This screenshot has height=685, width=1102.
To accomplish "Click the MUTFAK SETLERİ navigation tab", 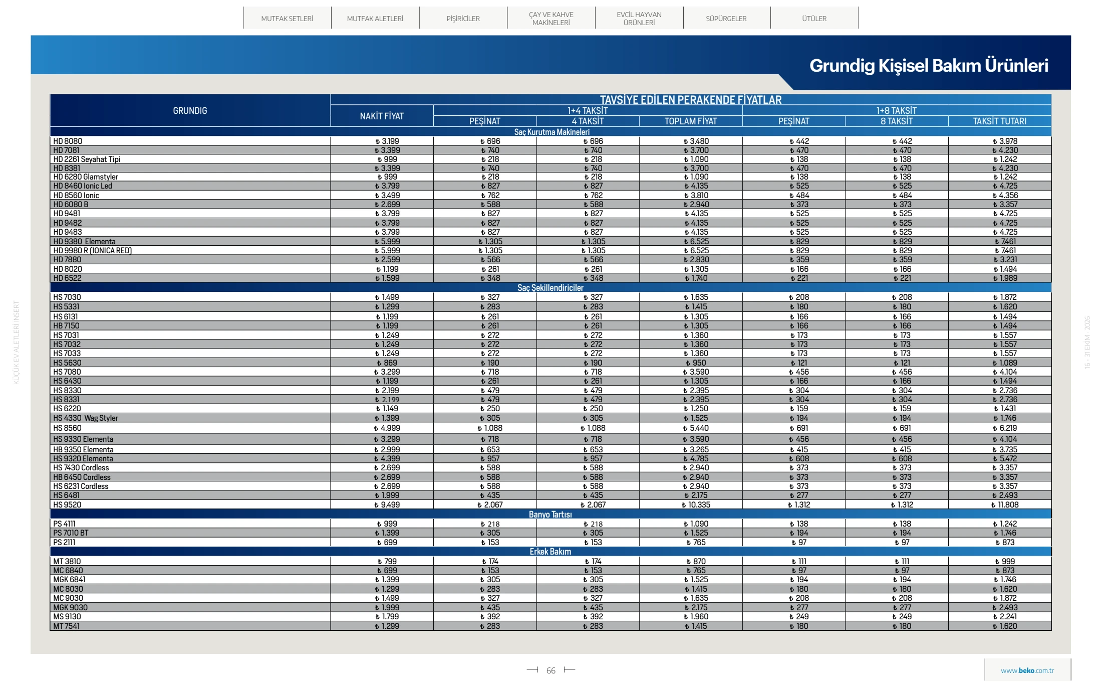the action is point(287,19).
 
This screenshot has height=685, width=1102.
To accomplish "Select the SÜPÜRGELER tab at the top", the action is point(726,19).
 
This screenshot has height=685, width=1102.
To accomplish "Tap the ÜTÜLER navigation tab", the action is point(814,19).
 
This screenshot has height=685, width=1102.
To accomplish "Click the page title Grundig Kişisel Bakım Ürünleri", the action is point(929,66).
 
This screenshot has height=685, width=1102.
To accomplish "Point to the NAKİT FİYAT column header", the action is point(382,116).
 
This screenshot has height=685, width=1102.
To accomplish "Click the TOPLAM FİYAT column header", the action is point(691,121).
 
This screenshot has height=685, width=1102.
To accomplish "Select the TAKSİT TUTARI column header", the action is point(1000,121).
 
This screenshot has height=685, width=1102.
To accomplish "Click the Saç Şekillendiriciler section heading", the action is point(550,288).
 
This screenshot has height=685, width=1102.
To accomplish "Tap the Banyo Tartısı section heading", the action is point(550,515).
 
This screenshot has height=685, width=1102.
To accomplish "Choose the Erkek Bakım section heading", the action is point(550,552).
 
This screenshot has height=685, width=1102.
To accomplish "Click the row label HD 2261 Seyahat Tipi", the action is point(87,159).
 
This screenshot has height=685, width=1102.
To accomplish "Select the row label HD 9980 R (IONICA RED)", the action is point(93,251).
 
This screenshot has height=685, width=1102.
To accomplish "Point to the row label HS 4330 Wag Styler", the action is point(86,418).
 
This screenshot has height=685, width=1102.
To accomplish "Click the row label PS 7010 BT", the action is point(71,533).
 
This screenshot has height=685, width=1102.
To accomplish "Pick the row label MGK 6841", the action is point(69,580).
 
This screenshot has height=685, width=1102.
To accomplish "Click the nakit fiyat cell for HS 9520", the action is point(387,505).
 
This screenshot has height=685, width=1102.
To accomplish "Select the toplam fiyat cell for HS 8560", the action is point(696,428).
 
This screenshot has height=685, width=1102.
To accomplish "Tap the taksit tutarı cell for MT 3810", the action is point(1005,562).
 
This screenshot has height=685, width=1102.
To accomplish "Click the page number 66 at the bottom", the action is point(551,671).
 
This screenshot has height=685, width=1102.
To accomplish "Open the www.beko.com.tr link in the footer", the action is point(1027,671).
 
